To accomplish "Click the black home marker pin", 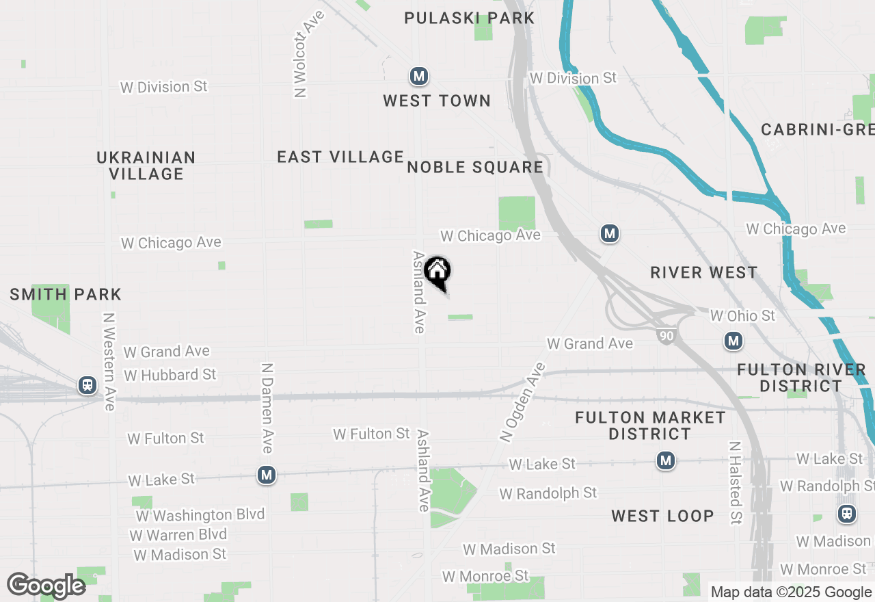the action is tap(437, 272).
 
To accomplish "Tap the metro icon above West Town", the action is tap(419, 76).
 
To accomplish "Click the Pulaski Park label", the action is tap(469, 18).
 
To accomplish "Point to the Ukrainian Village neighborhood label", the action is tap(146, 166).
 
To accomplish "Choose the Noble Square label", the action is tap(475, 167).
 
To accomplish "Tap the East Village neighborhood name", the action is tap(340, 157).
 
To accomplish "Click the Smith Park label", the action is tap(66, 295).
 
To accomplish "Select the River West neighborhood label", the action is tap(704, 272).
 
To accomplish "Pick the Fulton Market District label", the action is tap(650, 426).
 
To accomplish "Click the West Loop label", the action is tap(662, 516).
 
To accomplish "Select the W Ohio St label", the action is tap(743, 315).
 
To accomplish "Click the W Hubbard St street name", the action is tap(170, 375).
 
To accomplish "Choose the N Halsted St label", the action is tap(735, 482).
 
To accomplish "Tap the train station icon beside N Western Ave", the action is tap(87, 385).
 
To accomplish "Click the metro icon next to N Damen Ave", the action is tap(267, 475).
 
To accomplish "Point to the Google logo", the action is tap(46, 586).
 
